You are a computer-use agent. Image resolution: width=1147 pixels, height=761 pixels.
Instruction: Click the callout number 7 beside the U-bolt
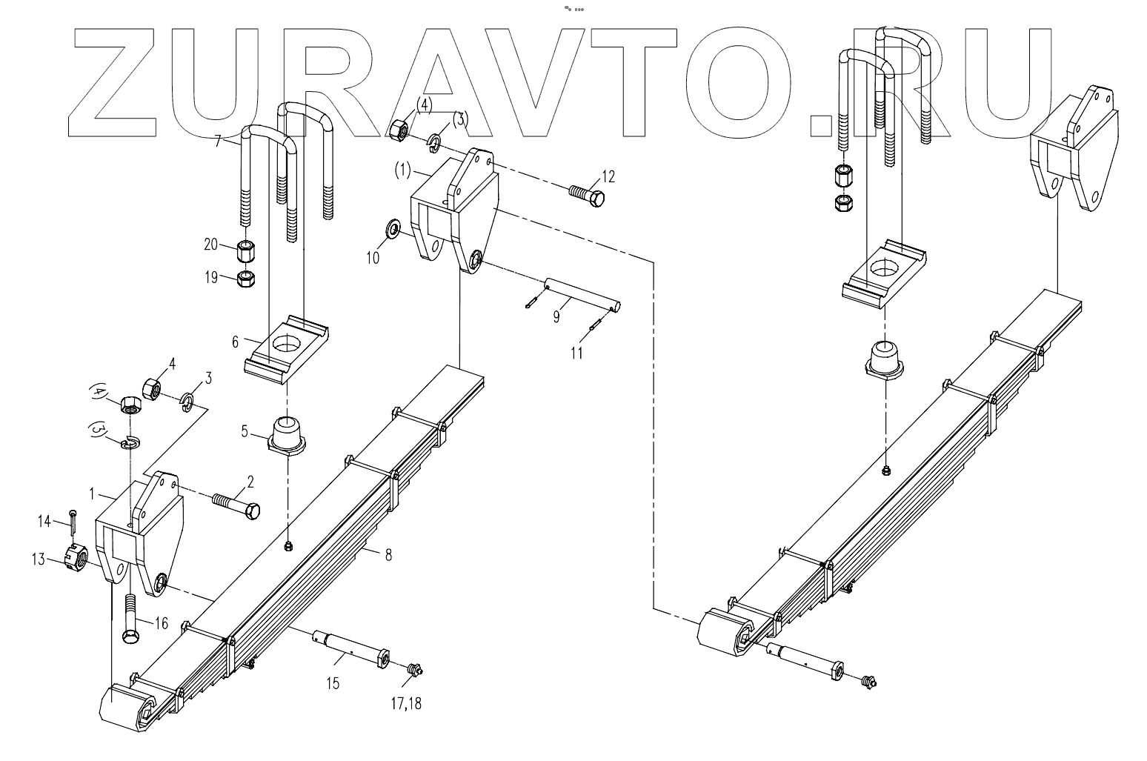[218, 140]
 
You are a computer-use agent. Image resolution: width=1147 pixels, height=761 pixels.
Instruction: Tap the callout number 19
[212, 278]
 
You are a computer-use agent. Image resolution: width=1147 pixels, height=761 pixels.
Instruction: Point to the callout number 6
[236, 342]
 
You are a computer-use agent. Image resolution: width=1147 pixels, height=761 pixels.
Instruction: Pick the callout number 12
[608, 176]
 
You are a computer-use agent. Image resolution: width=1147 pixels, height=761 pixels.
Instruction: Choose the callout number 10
[373, 257]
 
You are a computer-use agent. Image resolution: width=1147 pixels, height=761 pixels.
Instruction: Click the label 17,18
[407, 703]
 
